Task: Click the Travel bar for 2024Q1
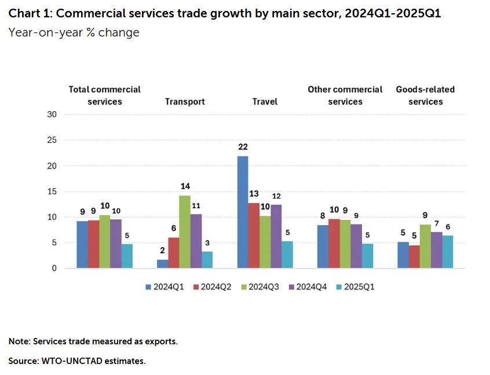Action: (243, 212)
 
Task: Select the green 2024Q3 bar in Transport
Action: (185, 231)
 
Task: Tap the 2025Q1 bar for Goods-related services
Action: (447, 252)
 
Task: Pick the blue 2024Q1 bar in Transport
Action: (163, 264)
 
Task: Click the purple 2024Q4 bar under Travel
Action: (276, 236)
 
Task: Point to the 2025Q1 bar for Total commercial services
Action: (127, 256)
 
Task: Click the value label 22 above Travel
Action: (243, 147)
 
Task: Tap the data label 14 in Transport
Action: (185, 186)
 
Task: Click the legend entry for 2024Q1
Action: (166, 286)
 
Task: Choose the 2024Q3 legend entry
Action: (261, 286)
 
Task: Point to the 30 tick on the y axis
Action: (52, 115)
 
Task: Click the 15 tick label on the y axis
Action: (52, 192)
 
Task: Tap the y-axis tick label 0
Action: (54, 269)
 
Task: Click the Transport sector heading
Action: (185, 102)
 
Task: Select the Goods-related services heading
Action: (425, 95)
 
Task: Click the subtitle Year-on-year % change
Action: (74, 32)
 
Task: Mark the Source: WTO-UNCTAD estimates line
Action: (77, 361)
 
